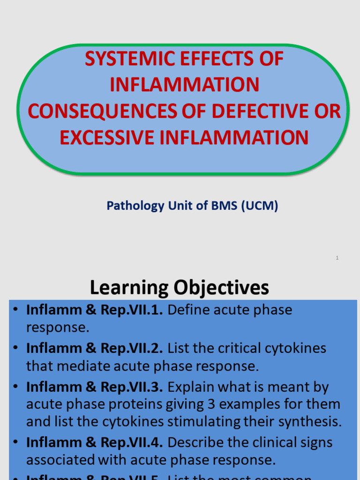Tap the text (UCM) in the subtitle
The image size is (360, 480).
coord(260,206)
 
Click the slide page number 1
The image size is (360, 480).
coord(337,258)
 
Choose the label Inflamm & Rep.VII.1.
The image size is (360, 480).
coord(94,310)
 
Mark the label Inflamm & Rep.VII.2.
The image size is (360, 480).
coord(94,348)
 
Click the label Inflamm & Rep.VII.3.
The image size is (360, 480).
coord(94,387)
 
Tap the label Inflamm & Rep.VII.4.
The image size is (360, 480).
coord(94,442)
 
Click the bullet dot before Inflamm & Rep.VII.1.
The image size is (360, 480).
coord(15,310)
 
